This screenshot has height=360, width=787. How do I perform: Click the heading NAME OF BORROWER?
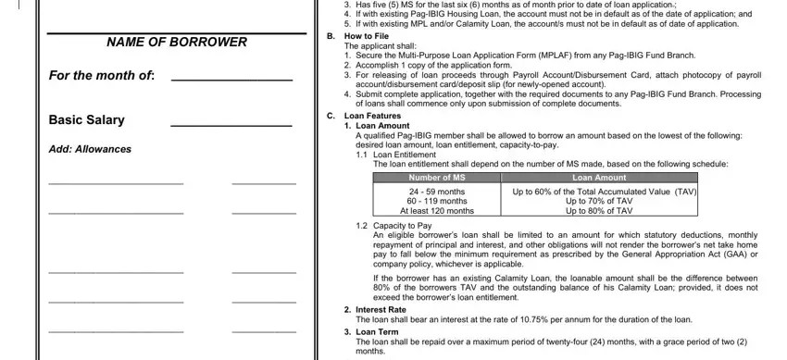tap(176, 43)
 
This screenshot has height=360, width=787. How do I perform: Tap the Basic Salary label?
tap(86, 120)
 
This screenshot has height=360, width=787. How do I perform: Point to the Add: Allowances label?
tap(90, 149)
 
